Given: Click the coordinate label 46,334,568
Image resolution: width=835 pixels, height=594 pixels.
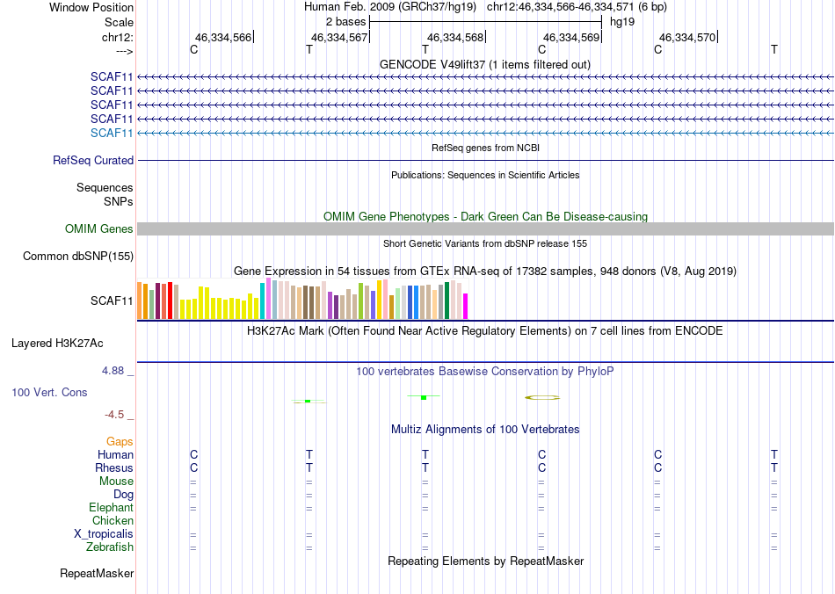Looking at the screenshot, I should click(455, 38).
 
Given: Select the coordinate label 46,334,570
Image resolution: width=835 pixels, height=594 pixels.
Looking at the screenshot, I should click(687, 38).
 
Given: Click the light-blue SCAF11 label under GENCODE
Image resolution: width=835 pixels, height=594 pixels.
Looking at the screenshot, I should click(112, 133).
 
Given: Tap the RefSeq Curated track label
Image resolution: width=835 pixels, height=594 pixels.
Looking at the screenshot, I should click(93, 161).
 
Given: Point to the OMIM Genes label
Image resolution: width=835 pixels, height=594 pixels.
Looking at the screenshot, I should click(99, 229).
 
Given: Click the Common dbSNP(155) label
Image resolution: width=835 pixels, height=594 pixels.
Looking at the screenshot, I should click(79, 257).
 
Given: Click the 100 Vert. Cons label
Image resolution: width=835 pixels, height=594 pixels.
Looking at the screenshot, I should click(49, 392).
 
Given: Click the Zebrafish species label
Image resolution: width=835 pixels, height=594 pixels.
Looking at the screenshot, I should click(110, 547).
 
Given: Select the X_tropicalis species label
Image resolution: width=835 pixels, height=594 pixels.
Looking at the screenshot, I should click(104, 534).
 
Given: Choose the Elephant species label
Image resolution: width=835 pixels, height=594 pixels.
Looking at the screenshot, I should click(111, 508).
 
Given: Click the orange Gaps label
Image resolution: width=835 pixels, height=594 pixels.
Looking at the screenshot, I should click(120, 442).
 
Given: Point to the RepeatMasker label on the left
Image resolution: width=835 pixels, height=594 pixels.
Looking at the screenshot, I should click(97, 574).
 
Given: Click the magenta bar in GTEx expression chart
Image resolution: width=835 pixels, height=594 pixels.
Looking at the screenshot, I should click(465, 306).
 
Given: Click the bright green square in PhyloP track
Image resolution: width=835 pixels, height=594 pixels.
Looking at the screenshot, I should click(424, 397).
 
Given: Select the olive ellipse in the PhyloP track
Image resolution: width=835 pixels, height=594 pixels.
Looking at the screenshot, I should click(542, 397).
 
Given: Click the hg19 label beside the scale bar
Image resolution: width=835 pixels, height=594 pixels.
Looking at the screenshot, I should click(622, 21).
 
